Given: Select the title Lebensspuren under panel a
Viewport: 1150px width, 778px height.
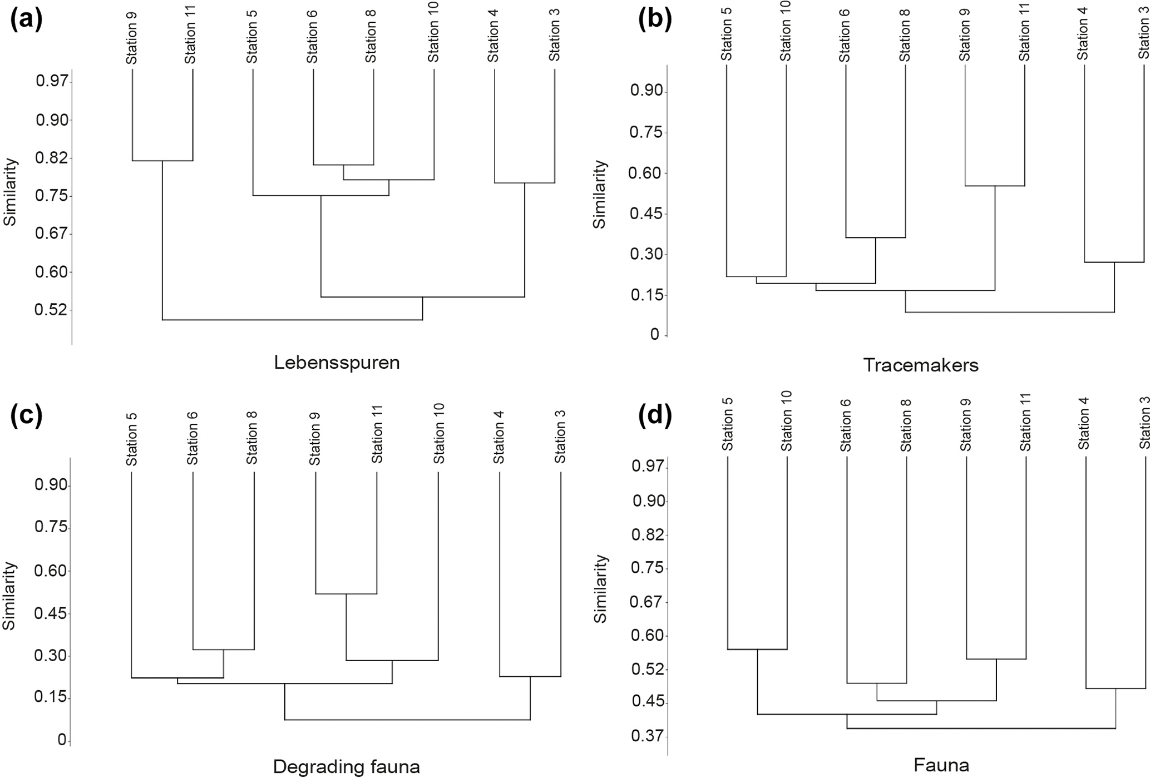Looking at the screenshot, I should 337,363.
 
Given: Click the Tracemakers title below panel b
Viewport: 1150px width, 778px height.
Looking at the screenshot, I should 920,365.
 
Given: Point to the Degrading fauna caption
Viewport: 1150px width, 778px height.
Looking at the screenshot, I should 346,767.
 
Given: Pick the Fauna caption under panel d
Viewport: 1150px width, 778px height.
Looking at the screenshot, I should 941,765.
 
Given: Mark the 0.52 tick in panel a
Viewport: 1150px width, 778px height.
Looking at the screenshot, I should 51,310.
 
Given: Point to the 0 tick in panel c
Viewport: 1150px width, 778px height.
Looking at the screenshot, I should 62,740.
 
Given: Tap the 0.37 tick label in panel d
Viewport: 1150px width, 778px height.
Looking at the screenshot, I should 648,736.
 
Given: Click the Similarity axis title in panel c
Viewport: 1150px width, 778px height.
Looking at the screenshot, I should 9,595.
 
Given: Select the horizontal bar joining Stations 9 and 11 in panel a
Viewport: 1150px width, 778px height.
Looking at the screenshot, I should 162,161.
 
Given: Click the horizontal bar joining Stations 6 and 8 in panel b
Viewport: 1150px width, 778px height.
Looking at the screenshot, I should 875,237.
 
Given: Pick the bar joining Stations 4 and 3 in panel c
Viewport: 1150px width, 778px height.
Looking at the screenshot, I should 530,676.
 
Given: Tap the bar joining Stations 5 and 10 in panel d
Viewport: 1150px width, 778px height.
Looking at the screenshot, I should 757,649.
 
